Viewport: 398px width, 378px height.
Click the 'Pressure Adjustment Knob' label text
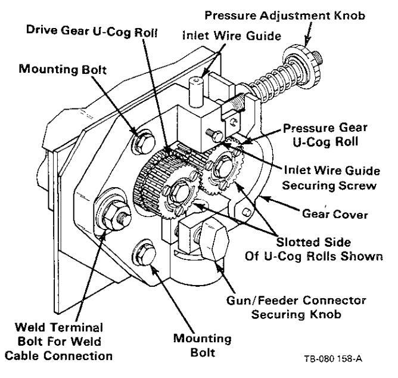pos(285,16)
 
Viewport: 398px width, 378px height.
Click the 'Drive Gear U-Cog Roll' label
pos(92,32)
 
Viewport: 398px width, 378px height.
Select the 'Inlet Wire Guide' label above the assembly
pos(232,36)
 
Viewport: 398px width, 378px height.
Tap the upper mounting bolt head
pos(143,142)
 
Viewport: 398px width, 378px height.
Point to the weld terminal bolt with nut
pos(114,214)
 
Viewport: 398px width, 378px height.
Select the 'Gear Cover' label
pos(335,214)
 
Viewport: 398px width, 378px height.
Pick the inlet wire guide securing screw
pos(214,135)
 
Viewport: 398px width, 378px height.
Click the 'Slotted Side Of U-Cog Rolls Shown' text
pos(314,249)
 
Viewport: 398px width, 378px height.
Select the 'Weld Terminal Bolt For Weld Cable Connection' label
pos(59,342)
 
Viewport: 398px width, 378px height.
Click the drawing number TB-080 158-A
pos(333,359)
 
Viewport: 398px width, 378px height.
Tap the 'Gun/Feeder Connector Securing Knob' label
pos(296,308)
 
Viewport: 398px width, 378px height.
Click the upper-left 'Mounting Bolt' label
pos(63,69)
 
